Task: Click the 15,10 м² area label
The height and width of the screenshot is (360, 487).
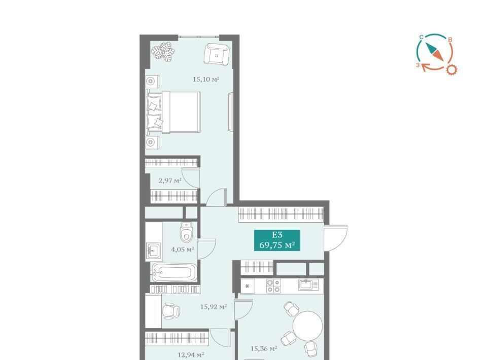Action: [206, 79]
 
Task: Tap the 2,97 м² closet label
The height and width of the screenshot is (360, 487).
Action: [170, 181]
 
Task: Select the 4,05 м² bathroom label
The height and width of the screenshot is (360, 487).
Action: [183, 249]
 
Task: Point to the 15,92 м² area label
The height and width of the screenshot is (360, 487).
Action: [214, 307]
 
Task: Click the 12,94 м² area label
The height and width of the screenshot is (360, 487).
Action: [191, 355]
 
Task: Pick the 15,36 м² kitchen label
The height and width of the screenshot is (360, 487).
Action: [264, 349]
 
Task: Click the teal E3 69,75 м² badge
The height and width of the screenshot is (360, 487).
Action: [277, 240]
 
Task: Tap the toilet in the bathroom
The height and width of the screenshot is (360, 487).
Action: [186, 232]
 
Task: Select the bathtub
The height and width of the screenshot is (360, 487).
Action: [174, 273]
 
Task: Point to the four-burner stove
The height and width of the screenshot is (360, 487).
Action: [273, 286]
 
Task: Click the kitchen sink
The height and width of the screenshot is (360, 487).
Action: [308, 284]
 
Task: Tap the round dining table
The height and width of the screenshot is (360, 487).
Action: [307, 326]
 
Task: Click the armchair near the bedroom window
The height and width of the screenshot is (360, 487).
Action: [217, 54]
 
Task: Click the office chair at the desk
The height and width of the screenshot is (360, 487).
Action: [171, 310]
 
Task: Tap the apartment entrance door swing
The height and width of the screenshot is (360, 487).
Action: [336, 238]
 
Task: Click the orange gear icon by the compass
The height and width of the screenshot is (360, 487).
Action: [452, 69]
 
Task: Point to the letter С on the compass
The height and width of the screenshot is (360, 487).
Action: [421, 37]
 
